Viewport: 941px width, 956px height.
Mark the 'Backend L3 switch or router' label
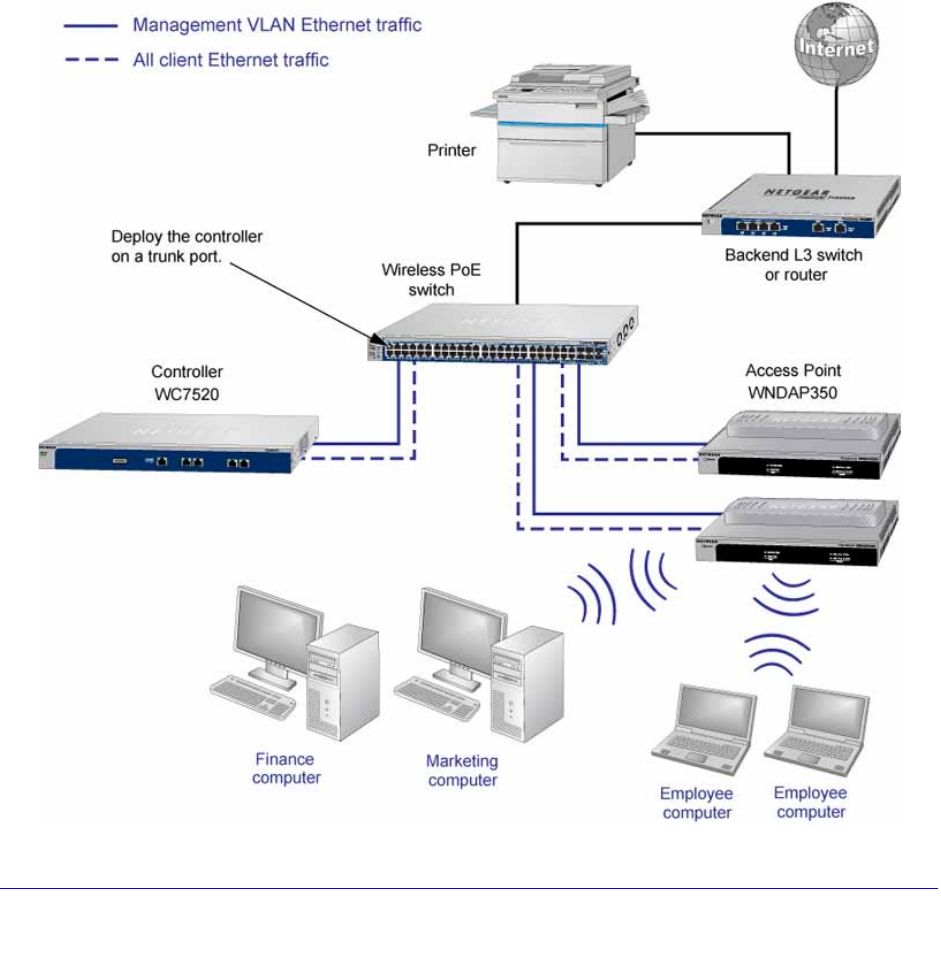coord(793,264)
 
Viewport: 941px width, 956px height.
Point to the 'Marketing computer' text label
coord(461,770)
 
